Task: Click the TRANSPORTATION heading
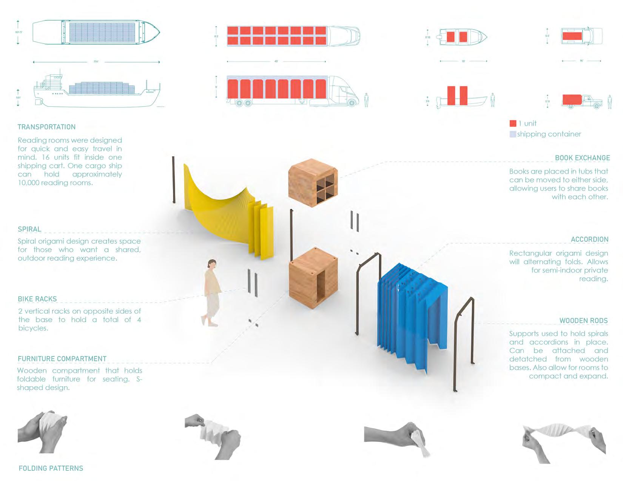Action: pyautogui.click(x=46, y=127)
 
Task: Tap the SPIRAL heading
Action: pyautogui.click(x=29, y=229)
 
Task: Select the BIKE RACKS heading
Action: pyautogui.click(x=37, y=299)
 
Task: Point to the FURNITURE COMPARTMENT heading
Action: pyautogui.click(x=62, y=359)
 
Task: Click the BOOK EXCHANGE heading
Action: pyautogui.click(x=582, y=158)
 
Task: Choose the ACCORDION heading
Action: pyautogui.click(x=589, y=240)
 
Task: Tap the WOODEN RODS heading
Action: pyautogui.click(x=583, y=321)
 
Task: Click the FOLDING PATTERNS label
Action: pyautogui.click(x=51, y=468)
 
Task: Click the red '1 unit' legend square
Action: pyautogui.click(x=513, y=123)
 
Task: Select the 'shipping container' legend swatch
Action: pyautogui.click(x=513, y=134)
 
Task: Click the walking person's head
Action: pyautogui.click(x=212, y=264)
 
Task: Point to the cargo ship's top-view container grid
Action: pyautogui.click(x=102, y=32)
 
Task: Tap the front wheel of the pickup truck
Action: pyautogui.click(x=597, y=106)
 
